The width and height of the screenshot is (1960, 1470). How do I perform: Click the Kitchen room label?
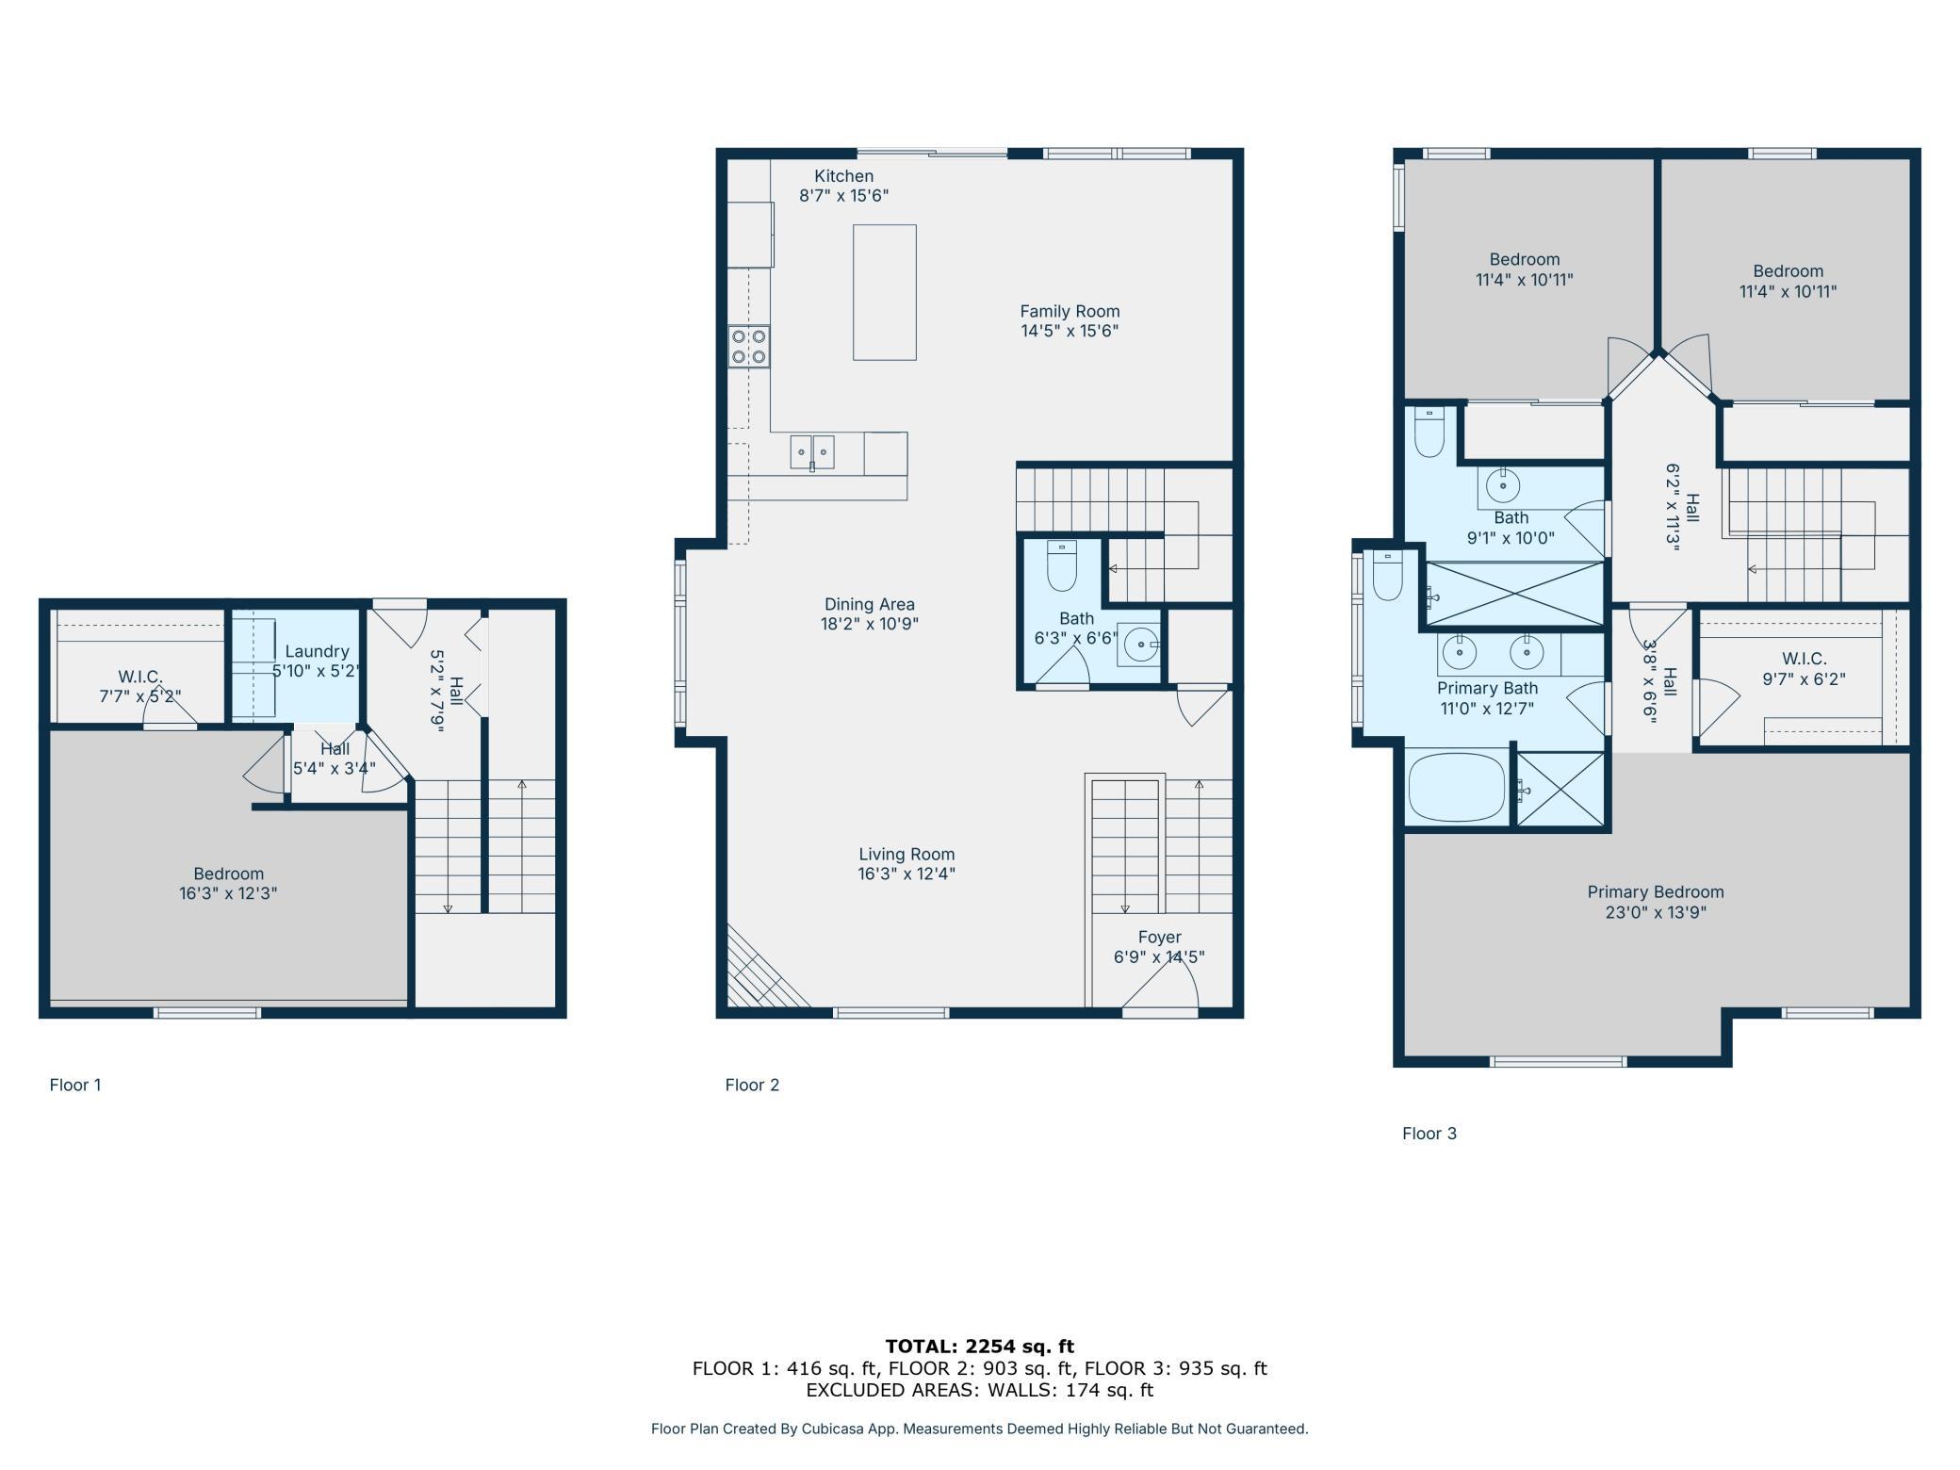[x=843, y=176]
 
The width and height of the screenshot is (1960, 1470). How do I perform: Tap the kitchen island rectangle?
[x=885, y=292]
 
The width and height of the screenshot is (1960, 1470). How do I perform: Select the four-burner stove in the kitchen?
[x=749, y=346]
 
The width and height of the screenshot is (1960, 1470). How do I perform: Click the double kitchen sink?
[x=811, y=452]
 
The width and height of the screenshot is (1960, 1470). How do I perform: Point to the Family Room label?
[x=1070, y=311]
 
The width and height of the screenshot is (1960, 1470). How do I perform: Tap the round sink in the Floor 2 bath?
[x=1141, y=645]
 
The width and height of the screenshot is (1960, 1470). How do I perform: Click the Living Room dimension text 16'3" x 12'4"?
[x=906, y=874]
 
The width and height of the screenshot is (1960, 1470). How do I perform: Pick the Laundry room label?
[x=317, y=651]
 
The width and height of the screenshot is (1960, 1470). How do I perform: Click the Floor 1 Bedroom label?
[x=228, y=874]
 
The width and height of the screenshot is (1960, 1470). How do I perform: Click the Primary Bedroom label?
[x=1656, y=892]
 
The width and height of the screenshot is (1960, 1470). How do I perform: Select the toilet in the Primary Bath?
[x=1388, y=576]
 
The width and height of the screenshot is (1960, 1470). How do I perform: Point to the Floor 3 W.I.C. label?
[x=1804, y=659]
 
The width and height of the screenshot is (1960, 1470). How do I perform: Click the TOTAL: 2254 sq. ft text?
[x=980, y=1347]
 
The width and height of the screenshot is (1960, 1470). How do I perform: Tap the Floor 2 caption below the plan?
[x=752, y=1085]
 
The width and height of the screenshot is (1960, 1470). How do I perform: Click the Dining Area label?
[x=869, y=604]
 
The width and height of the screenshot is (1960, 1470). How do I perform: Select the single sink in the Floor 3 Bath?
[x=1503, y=486]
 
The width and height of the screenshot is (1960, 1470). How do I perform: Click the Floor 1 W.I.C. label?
[x=140, y=677]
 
